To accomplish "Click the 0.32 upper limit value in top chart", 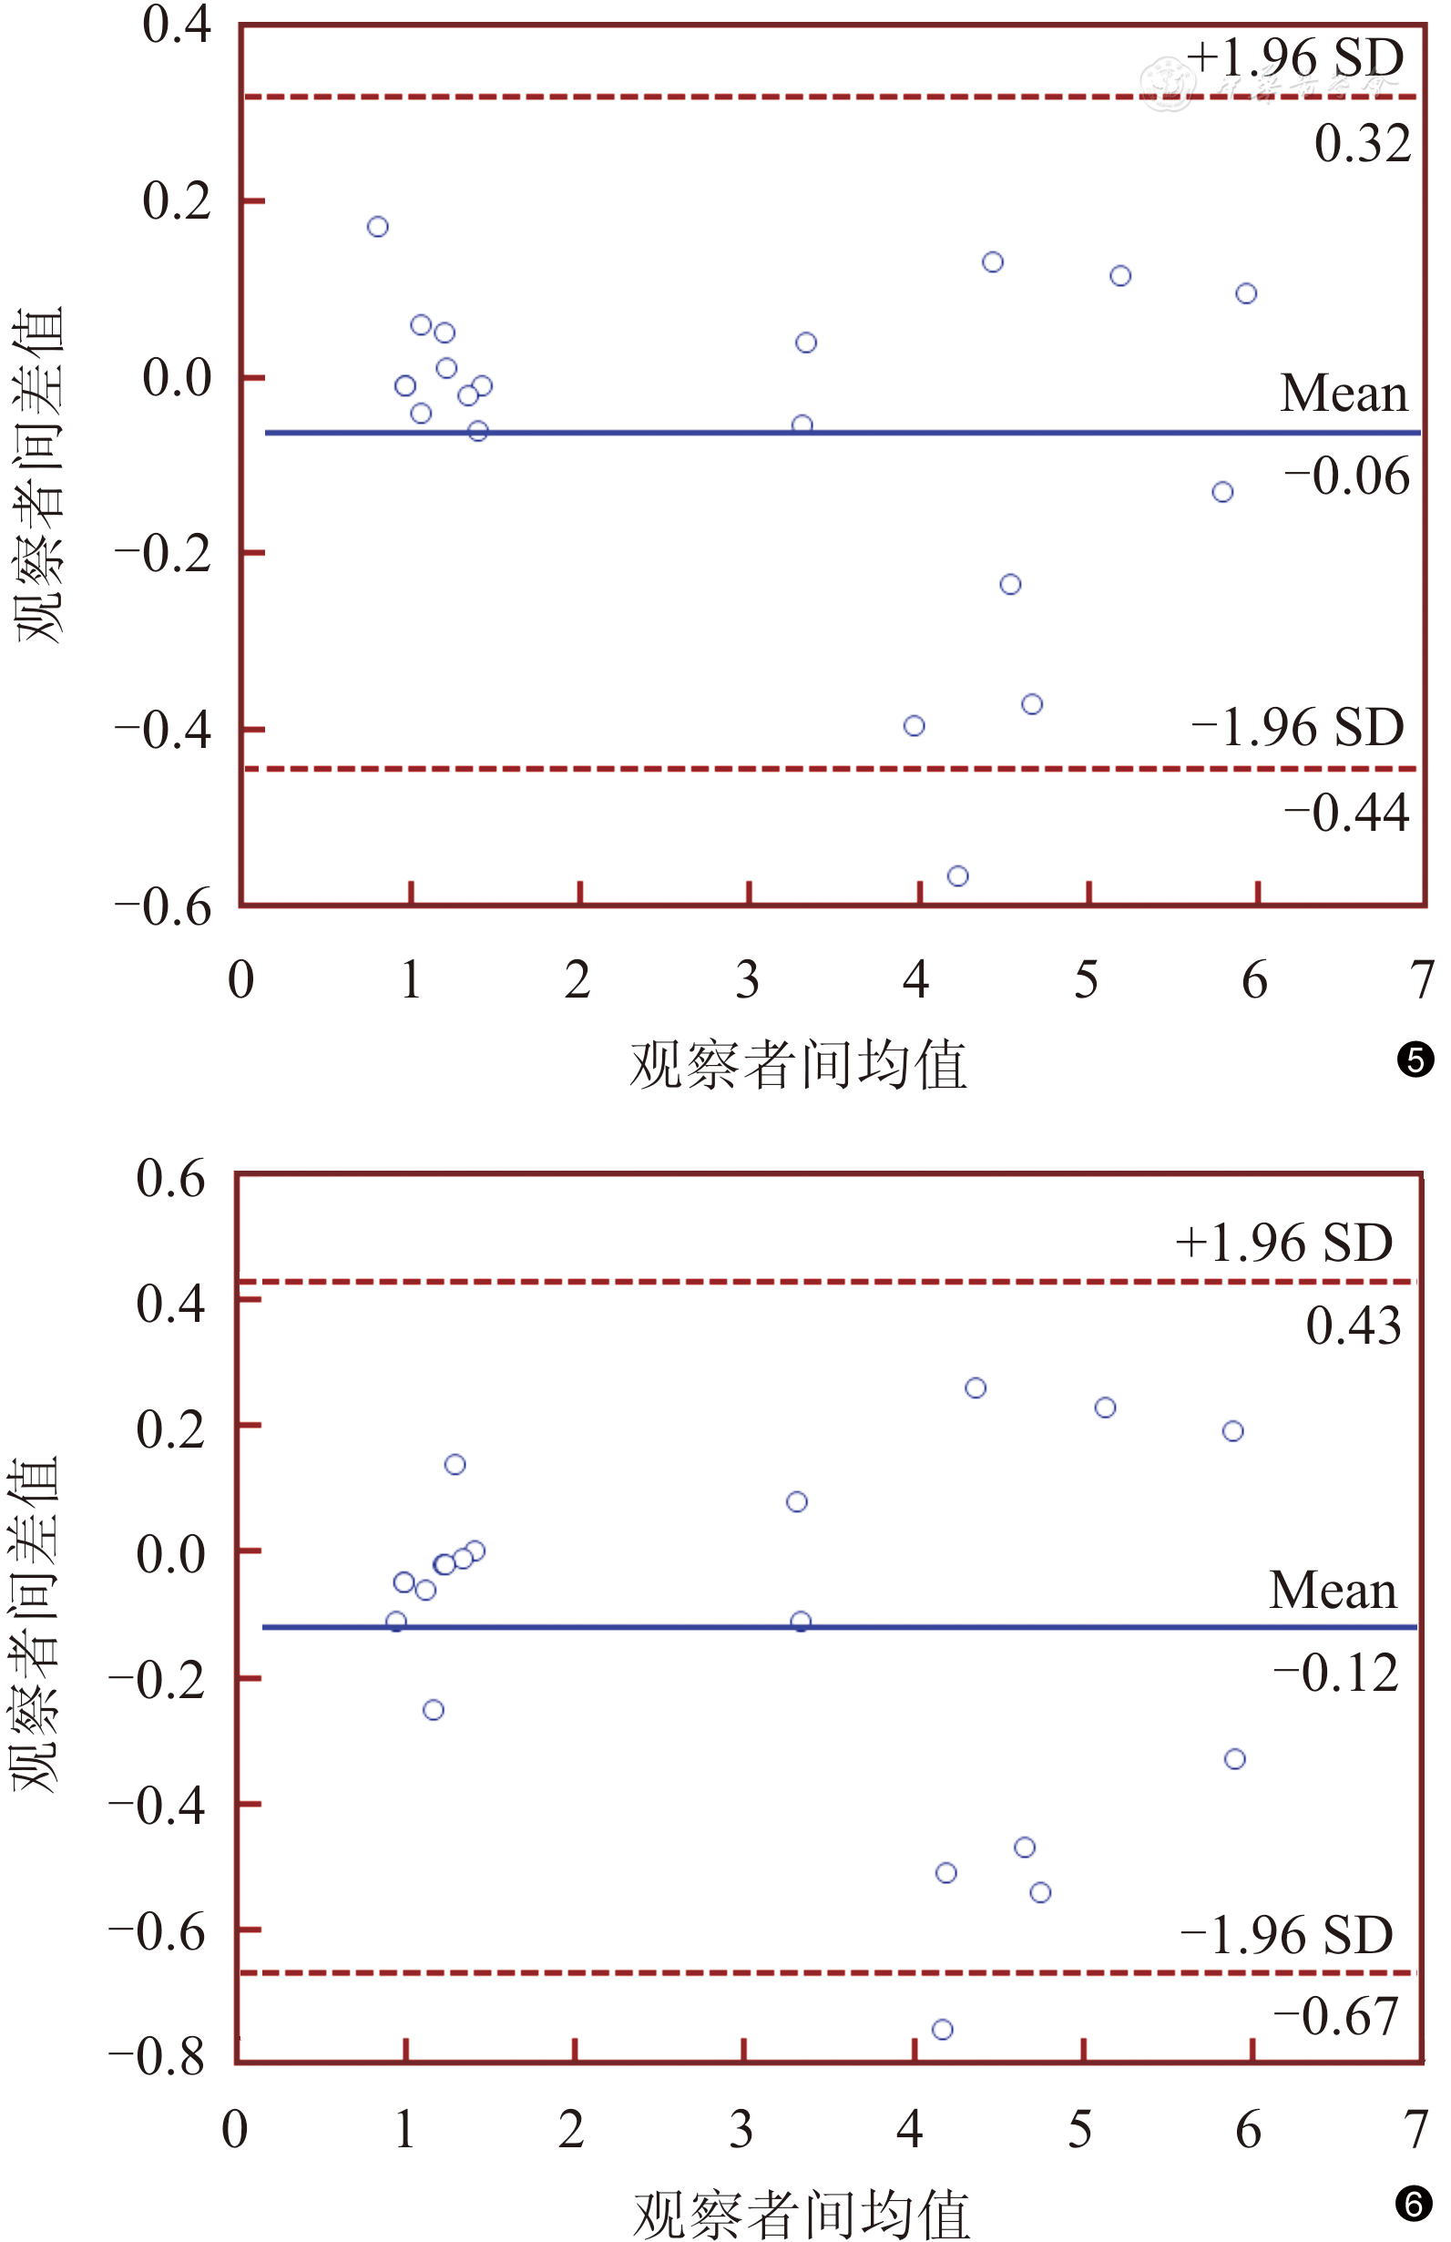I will coord(1363,144).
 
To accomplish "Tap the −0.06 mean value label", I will coord(1346,476).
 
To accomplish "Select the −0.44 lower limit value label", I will coord(1346,813).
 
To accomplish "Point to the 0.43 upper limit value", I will coord(1353,1326).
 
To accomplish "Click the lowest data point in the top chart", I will coord(957,876).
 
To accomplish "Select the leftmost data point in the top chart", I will coord(378,227).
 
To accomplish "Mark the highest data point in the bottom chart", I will coord(976,1388).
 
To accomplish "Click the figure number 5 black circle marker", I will coord(1415,1060).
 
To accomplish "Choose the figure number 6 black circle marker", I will coord(1414,2205).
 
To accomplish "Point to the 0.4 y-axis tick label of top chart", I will coord(177,25).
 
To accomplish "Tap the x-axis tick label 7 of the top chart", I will coord(1422,980).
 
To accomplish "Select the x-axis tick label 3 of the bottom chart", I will coord(741,2129).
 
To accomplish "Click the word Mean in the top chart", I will coord(1344,393).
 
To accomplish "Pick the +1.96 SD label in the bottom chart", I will coord(1283,1244).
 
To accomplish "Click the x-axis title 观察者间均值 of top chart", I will coord(799,1065).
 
